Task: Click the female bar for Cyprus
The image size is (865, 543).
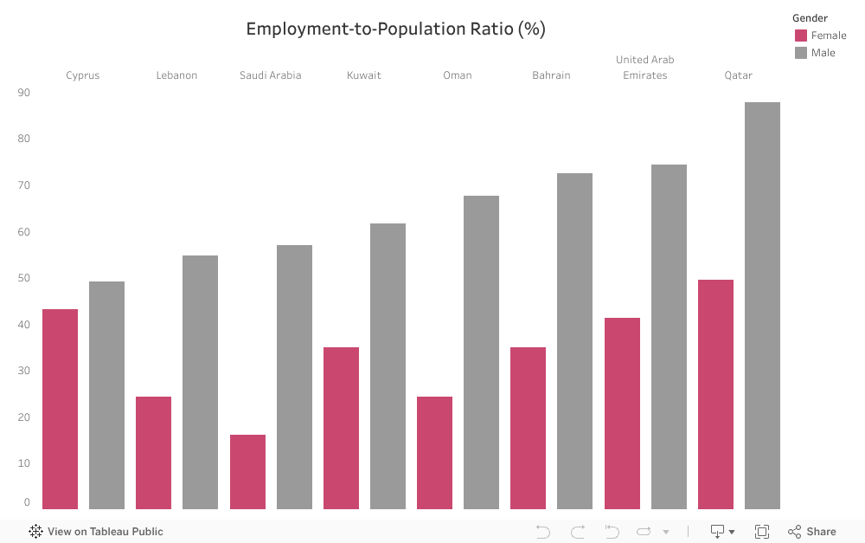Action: (x=60, y=409)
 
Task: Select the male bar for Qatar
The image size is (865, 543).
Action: (x=762, y=306)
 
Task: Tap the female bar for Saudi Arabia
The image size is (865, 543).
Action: (x=247, y=472)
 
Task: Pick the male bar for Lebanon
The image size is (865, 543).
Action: (x=200, y=382)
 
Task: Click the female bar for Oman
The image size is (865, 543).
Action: (x=434, y=453)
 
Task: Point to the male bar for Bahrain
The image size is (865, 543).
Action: (x=574, y=341)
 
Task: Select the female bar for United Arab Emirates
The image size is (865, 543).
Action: (x=622, y=413)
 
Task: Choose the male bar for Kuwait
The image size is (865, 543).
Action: (x=388, y=366)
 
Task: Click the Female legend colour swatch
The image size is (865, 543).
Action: (x=801, y=36)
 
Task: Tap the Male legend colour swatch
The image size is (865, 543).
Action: (x=801, y=53)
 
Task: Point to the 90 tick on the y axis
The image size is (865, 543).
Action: (x=23, y=93)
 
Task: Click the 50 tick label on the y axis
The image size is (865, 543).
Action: (x=23, y=278)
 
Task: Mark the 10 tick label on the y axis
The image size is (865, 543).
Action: (x=23, y=463)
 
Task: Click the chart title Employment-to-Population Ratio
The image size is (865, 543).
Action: (x=395, y=29)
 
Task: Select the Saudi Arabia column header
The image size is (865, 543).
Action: (x=271, y=75)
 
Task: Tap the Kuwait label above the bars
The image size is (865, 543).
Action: (x=364, y=75)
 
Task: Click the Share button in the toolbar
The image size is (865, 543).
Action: (x=812, y=532)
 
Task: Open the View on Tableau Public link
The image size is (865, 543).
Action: (x=96, y=532)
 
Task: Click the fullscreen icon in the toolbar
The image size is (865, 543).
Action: (x=762, y=532)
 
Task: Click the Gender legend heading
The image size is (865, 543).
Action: (x=810, y=18)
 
